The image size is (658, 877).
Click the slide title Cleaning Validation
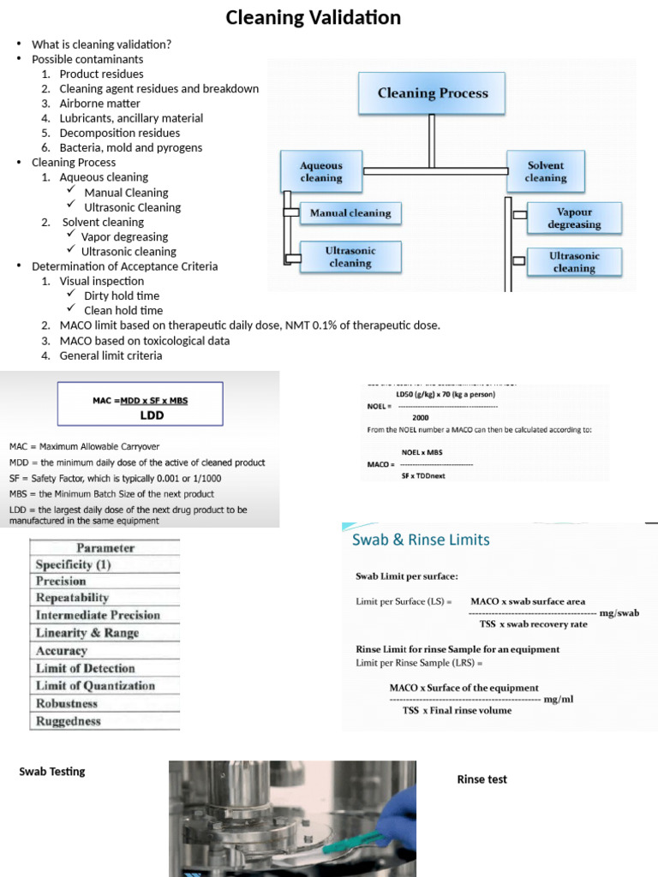[313, 18]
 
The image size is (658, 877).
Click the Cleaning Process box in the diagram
[433, 93]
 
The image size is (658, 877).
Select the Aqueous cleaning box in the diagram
[320, 171]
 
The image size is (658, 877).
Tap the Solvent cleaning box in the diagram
[546, 171]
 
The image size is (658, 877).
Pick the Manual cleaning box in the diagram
[350, 213]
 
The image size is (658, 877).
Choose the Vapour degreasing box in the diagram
[574, 218]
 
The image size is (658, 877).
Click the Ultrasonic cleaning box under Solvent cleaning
[574, 261]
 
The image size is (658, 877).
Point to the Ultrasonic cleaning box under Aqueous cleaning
[350, 256]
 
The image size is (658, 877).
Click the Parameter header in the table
[105, 548]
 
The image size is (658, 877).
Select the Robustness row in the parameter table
[105, 703]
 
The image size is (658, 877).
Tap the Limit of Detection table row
[105, 668]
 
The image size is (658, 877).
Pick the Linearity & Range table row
[105, 633]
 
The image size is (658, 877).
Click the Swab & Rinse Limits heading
[421, 540]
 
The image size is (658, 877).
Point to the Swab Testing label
[52, 772]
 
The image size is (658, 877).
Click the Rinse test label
[482, 779]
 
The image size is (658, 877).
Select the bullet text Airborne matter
[99, 104]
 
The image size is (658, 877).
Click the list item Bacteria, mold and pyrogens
[130, 147]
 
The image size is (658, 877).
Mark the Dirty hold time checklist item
[122, 295]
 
